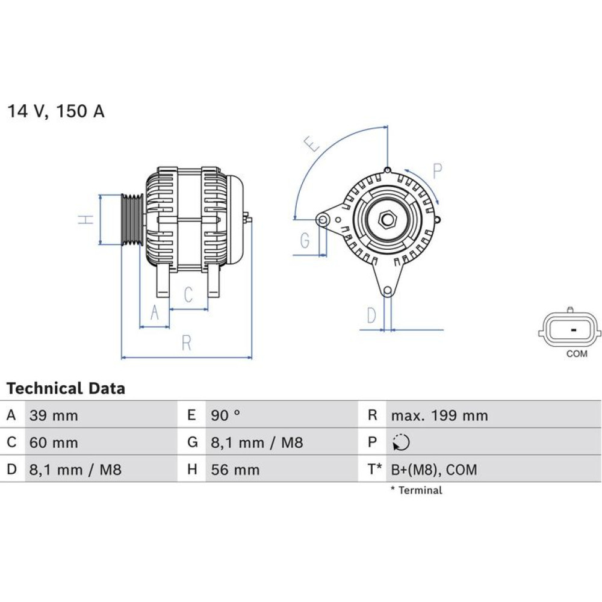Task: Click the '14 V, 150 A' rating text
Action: coord(56,111)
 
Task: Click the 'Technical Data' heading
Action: coord(66,388)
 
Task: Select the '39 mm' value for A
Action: coord(54,415)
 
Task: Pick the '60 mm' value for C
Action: coord(54,443)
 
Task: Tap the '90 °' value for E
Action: coord(226,415)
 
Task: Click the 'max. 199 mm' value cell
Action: coord(439,415)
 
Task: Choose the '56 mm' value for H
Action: coord(235,470)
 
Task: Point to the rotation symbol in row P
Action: coord(401,443)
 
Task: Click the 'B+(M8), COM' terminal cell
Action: coord(433,470)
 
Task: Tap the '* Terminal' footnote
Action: coord(416,490)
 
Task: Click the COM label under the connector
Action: coord(576,354)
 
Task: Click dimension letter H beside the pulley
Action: coord(88,220)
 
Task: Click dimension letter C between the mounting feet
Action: coord(188,295)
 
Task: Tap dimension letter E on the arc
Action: coord(311,144)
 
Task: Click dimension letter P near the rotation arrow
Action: coord(438,171)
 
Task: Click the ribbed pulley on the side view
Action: coord(131,220)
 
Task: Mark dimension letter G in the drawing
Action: coord(305,241)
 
